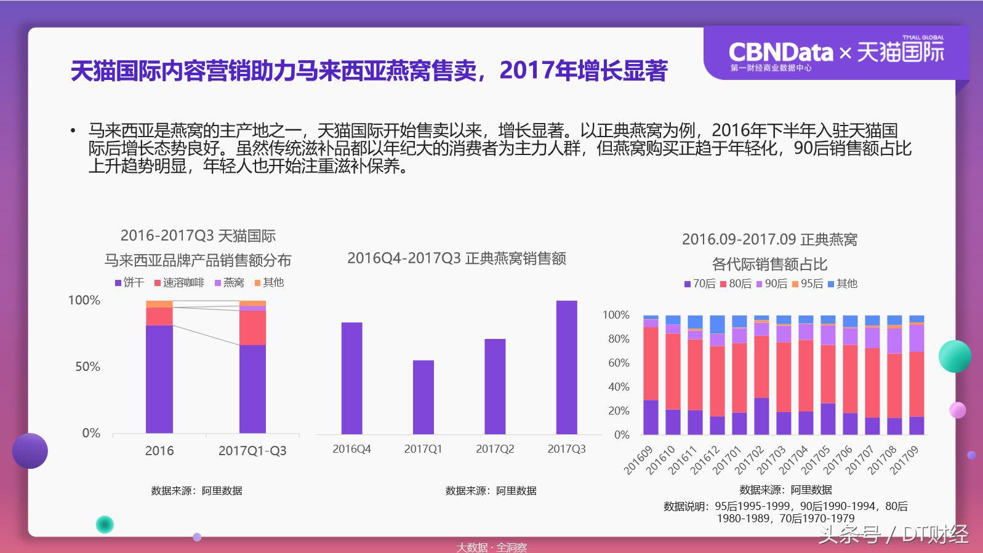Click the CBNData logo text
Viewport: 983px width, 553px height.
(x=780, y=52)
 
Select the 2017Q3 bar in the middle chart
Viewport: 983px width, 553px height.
(x=566, y=367)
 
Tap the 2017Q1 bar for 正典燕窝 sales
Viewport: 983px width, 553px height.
(x=423, y=397)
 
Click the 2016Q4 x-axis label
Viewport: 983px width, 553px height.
(x=351, y=449)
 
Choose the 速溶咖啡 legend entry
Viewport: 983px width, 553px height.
(x=179, y=282)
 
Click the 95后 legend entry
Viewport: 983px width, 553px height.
(x=808, y=284)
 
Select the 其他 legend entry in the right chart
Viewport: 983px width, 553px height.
(x=843, y=284)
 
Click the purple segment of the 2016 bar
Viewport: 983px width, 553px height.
(x=159, y=378)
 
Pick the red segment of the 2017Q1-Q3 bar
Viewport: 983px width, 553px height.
(x=252, y=327)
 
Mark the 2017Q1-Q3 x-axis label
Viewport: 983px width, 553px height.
(x=252, y=451)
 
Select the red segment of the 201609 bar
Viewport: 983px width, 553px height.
(x=651, y=363)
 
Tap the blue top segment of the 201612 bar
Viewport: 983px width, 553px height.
(x=717, y=324)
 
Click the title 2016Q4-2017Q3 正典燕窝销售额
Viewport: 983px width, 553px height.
(x=456, y=258)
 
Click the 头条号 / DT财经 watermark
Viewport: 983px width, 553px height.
(x=893, y=535)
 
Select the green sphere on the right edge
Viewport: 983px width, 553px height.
(x=954, y=356)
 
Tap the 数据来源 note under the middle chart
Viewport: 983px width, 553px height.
(x=491, y=491)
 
